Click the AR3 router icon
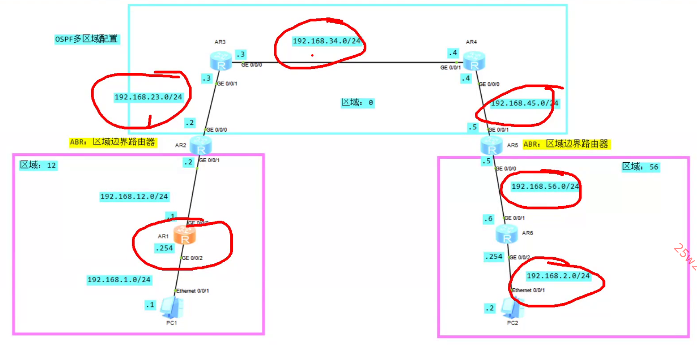[x=221, y=61]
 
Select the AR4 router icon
[x=474, y=61]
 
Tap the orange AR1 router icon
[x=184, y=235]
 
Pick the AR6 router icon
[x=507, y=234]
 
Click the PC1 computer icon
[x=172, y=308]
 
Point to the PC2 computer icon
[x=512, y=308]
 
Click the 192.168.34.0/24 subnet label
[x=326, y=41]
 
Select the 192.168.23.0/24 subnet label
[x=148, y=97]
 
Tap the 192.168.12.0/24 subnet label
[x=134, y=197]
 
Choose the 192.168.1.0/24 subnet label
[x=119, y=280]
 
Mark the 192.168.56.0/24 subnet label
[x=545, y=186]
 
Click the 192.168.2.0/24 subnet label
[x=558, y=276]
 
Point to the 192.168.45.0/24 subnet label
[x=524, y=103]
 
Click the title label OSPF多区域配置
[x=87, y=39]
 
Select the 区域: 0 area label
[x=357, y=103]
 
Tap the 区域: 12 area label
[x=38, y=165]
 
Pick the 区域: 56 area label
[x=640, y=167]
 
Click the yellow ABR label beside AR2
[x=112, y=142]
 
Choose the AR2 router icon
[x=201, y=145]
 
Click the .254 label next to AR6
[x=494, y=257]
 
